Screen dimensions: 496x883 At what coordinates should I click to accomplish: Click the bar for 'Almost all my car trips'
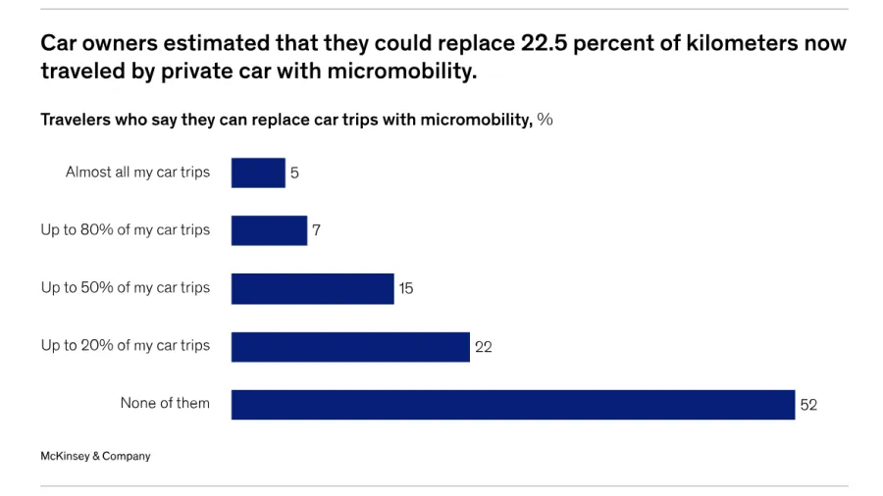tap(258, 173)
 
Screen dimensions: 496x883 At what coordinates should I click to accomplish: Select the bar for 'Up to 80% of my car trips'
tap(269, 230)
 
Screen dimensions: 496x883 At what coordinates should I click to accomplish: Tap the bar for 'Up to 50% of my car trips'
tap(312, 288)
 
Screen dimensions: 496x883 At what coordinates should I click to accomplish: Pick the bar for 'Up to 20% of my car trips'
tap(350, 346)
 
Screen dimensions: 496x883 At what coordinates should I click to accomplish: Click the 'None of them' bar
tap(512, 404)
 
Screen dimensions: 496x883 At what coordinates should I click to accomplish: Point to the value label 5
tap(294, 174)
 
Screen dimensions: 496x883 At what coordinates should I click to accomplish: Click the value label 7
tap(316, 231)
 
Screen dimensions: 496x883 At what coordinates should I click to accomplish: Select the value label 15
tap(406, 289)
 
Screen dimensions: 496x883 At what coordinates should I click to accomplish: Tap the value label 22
tap(483, 347)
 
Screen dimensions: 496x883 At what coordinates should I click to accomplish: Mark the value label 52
tap(808, 405)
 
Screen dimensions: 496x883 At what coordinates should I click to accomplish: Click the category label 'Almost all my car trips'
tap(137, 173)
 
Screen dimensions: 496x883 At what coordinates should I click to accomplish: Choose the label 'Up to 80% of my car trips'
tap(126, 230)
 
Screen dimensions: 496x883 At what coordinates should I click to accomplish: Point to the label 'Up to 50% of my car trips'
tap(126, 288)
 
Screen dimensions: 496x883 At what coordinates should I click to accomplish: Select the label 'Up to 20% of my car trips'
tap(126, 346)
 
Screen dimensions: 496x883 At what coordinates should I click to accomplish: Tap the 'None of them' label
tap(165, 403)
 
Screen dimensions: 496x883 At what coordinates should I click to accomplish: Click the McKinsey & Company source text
tap(95, 456)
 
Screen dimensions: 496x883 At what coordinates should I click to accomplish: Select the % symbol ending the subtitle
tap(545, 120)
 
